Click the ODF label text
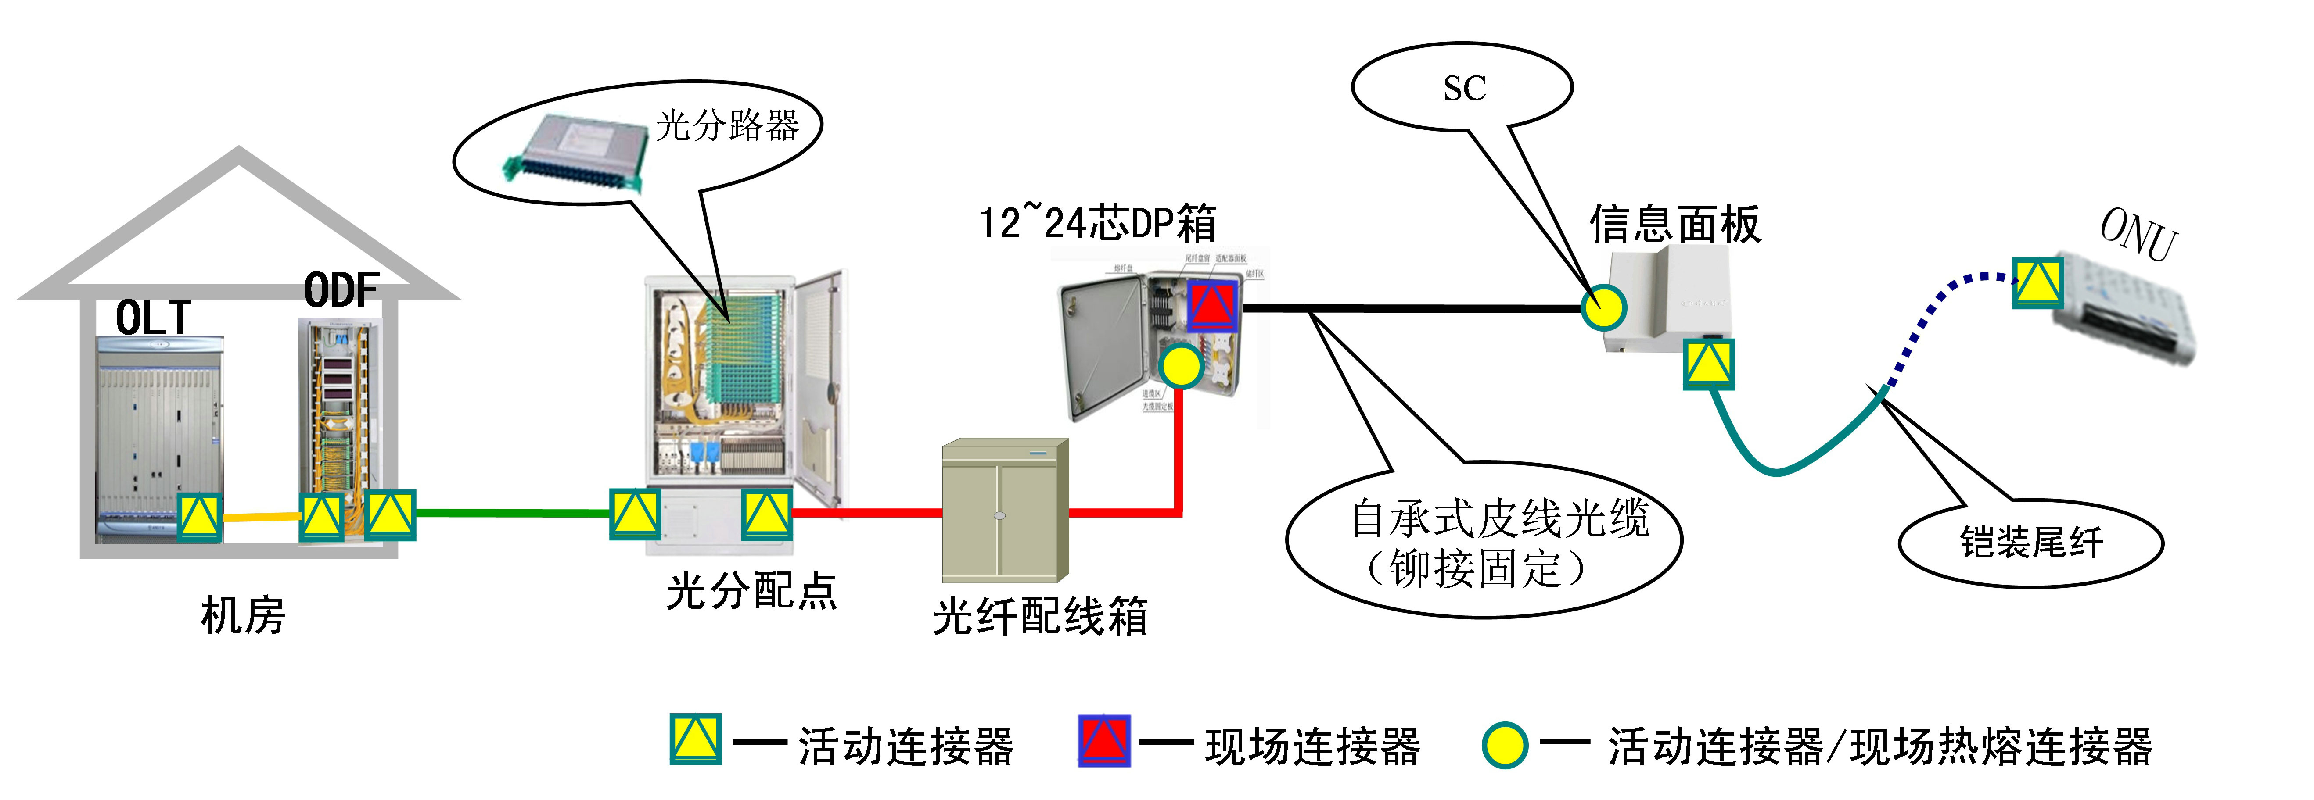tap(341, 290)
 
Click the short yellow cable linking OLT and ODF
tap(261, 516)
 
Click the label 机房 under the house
tap(243, 616)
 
